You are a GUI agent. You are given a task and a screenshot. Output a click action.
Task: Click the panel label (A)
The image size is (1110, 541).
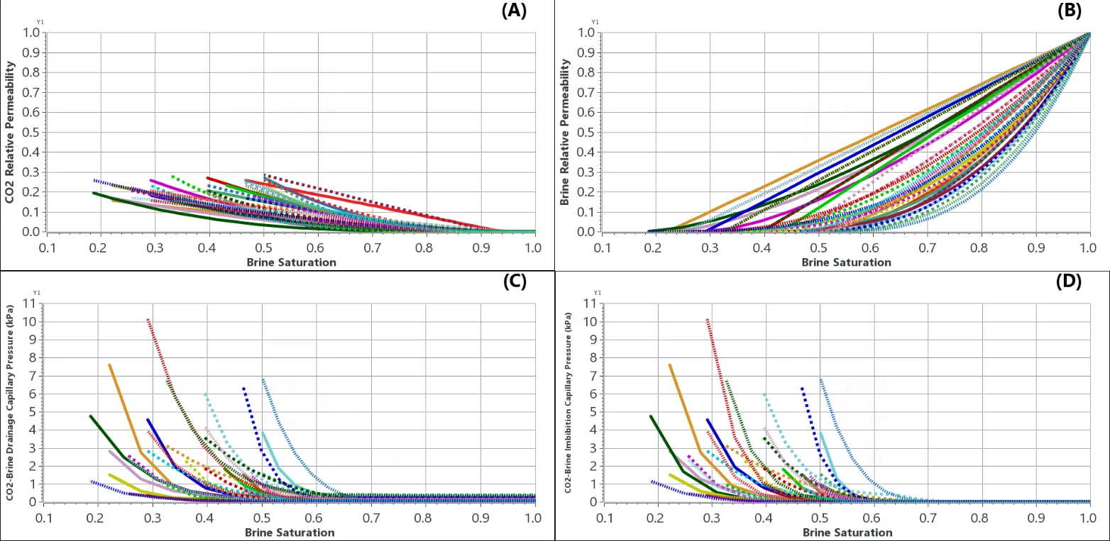[x=514, y=11]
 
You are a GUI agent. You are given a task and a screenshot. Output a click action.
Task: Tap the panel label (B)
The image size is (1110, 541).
[x=1069, y=11]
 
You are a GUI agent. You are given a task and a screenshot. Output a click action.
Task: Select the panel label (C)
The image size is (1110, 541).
[x=514, y=281]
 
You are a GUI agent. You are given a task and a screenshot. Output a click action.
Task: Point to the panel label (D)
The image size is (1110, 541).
[x=1069, y=281]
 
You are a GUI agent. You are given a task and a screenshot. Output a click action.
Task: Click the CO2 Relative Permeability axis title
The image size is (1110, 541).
[x=10, y=132]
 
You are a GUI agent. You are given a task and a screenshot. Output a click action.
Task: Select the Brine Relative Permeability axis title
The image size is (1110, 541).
[x=565, y=132]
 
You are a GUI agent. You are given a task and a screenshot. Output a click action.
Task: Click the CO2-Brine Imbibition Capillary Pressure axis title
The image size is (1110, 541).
[x=568, y=403]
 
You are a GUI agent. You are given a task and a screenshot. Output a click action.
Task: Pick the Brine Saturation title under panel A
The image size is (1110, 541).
[x=291, y=262]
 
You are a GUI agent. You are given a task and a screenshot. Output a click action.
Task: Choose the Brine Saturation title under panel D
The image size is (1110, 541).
[x=846, y=532]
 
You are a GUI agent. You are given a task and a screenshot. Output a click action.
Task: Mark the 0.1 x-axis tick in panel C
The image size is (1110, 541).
[x=47, y=518]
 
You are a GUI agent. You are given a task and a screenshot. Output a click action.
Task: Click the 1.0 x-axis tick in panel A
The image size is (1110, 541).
[x=534, y=248]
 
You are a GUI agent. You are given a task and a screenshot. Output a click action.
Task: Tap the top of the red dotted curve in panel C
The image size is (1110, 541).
[x=148, y=319]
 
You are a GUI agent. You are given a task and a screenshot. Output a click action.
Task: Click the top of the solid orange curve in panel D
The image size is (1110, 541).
[x=670, y=364]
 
